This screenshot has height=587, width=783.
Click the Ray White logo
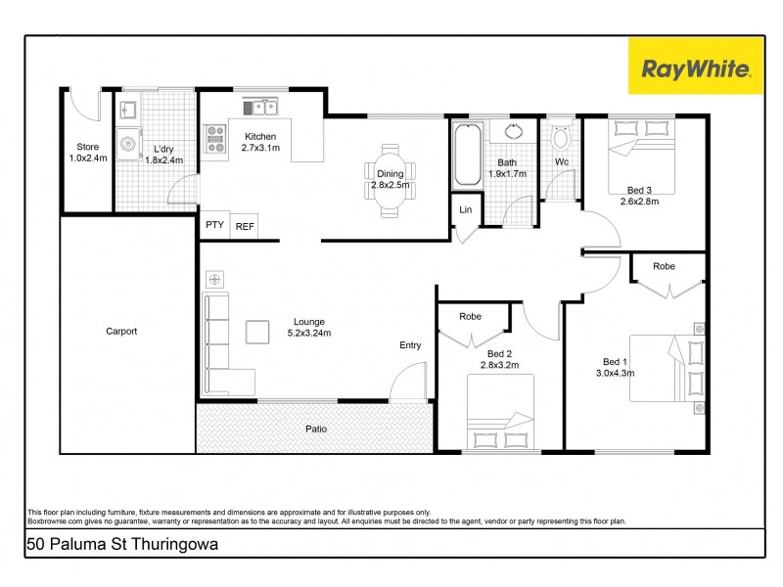(x=696, y=68)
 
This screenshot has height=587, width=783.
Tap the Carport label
(x=121, y=331)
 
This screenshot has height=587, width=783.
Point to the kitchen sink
(x=260, y=106)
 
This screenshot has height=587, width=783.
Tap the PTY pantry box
(x=214, y=225)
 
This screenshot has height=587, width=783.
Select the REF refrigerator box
(x=244, y=225)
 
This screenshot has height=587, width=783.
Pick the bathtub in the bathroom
(x=466, y=156)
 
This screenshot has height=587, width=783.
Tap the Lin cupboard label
(x=465, y=209)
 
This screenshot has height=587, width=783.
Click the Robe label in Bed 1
(x=665, y=266)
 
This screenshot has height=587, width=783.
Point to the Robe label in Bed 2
(x=471, y=317)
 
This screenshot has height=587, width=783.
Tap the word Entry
(x=410, y=344)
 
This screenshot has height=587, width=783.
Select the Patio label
(x=315, y=429)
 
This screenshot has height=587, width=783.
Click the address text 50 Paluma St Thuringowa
(x=122, y=543)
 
